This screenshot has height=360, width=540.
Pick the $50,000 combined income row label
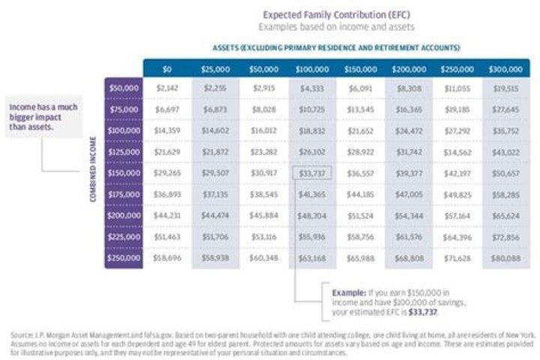click(x=122, y=88)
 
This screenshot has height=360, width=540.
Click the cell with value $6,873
click(x=215, y=109)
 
